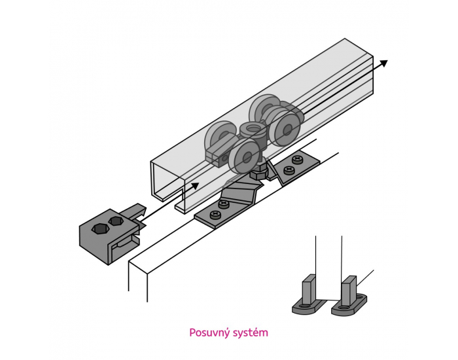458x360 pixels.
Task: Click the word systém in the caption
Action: [x=251, y=333]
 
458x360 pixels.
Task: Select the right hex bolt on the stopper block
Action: [x=117, y=221]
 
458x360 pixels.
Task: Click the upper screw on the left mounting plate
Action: [x=226, y=205]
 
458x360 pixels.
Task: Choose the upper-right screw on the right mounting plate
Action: [x=299, y=159]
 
